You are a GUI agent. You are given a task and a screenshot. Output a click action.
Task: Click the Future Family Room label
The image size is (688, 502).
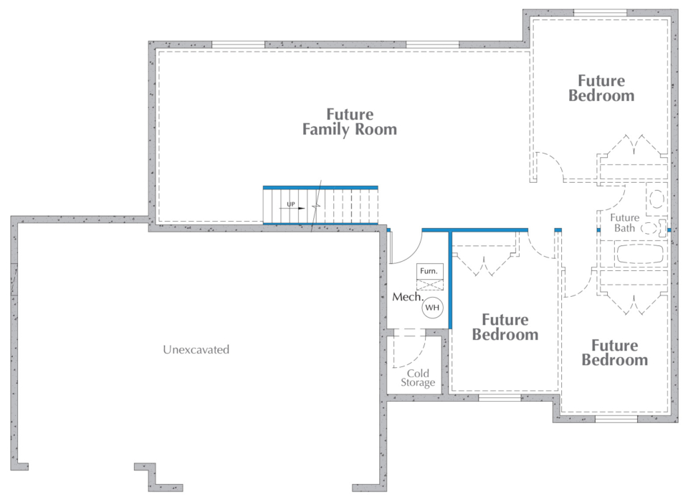(349, 122)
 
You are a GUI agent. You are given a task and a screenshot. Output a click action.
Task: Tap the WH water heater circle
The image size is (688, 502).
(432, 308)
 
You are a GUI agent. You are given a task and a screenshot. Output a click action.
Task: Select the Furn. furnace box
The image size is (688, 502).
(431, 271)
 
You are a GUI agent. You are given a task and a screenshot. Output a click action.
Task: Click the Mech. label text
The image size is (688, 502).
(406, 297)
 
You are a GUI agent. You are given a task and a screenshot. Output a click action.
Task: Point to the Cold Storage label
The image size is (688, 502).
(417, 378)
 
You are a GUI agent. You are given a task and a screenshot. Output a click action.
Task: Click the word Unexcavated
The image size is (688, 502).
(196, 350)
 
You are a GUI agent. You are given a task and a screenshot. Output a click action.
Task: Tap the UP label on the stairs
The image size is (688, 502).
(291, 205)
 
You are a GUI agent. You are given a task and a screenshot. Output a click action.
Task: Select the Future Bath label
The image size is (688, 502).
(624, 223)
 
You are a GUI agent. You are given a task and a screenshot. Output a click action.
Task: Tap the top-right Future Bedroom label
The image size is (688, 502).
(601, 88)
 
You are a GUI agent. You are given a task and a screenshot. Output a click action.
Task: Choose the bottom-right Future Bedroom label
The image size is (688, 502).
(614, 353)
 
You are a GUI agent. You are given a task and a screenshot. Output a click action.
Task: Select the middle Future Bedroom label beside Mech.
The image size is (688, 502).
(505, 327)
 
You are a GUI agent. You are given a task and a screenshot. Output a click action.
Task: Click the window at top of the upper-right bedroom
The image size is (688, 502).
(601, 12)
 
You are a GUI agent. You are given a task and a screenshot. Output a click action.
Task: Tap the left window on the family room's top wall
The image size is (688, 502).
(238, 44)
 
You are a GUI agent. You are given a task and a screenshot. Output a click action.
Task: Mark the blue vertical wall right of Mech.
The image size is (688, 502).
(450, 280)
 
